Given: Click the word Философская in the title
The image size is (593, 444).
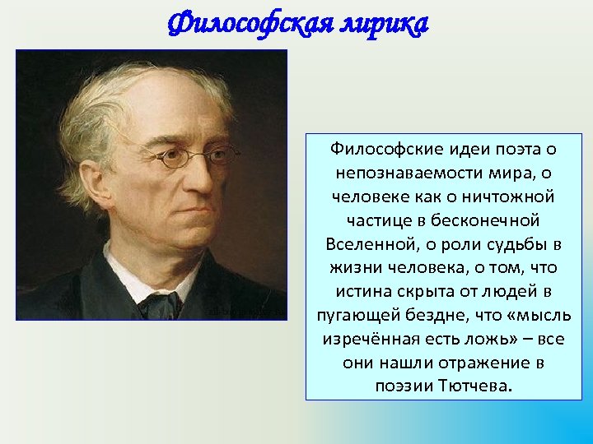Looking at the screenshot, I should click(245, 25).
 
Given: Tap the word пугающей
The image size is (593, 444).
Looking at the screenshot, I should click(357, 316).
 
